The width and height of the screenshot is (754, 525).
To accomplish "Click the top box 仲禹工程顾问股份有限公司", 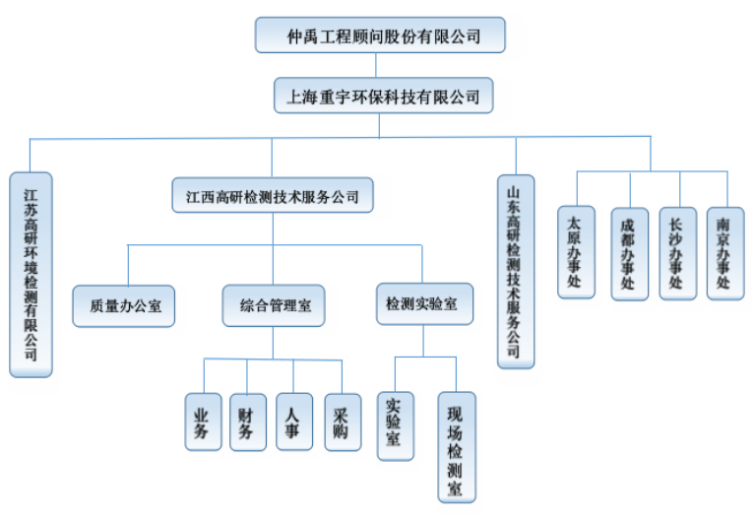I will coord(380,35).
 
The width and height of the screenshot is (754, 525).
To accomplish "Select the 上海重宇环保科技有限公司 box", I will coord(383,97).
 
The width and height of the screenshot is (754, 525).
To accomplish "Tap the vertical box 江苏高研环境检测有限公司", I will coord(31,274).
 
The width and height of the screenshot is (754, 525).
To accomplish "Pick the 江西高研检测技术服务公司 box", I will coord(273,195).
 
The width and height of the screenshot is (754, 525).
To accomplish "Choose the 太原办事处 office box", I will coord(576,251).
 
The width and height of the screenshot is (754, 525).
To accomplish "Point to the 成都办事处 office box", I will coord(628,253).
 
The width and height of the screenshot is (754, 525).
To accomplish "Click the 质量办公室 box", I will coord(124,305).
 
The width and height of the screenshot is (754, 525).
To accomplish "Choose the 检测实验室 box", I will coord(423,304).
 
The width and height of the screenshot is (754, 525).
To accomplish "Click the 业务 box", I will coord(203,422).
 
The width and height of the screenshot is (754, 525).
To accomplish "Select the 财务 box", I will coord(247,422).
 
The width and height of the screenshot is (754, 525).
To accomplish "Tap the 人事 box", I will coord(293,422).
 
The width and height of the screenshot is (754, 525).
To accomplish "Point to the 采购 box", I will coord(341,422).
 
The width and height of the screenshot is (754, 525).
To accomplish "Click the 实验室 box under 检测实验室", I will coord(395,425).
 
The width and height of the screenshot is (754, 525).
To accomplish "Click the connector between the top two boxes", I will coord(382,65).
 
